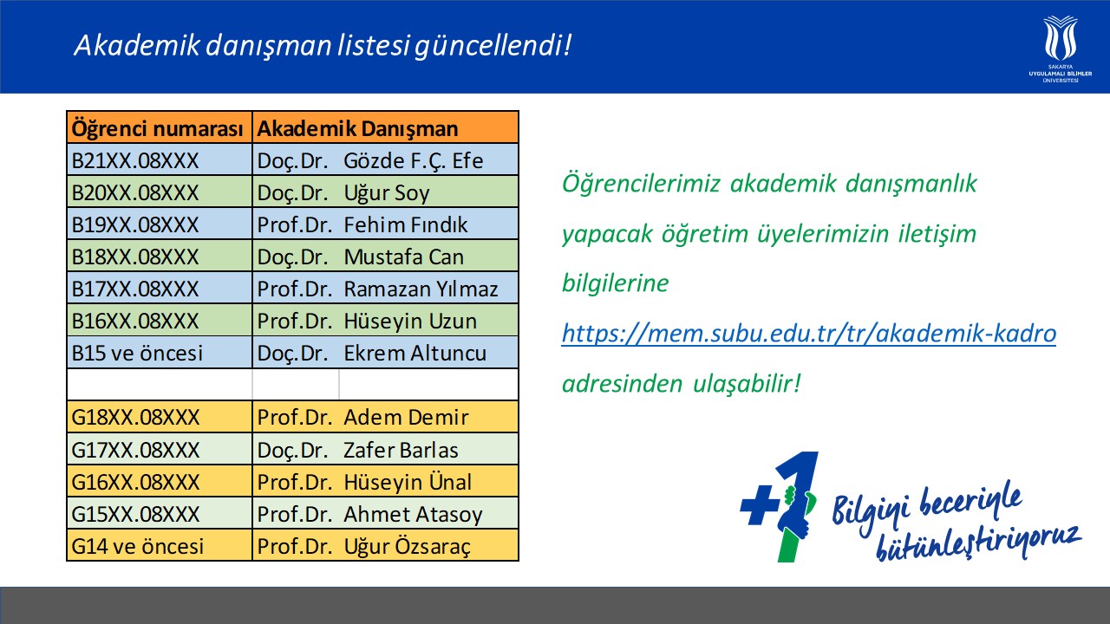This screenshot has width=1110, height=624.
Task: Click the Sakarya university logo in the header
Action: pos(1060,49)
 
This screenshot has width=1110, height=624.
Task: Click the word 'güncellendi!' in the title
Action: pos(493,46)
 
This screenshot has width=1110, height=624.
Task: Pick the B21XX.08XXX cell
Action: pos(160,160)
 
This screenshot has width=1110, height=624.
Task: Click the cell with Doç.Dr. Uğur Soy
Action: pos(386,192)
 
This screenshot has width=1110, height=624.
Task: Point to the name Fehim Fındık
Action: pos(405,224)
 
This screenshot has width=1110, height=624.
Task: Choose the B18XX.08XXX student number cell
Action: pos(160,257)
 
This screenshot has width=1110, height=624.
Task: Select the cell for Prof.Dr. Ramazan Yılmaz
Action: pos(386,289)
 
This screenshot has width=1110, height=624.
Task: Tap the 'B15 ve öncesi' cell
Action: pos(160,353)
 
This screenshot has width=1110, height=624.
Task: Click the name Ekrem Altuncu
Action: pos(415,353)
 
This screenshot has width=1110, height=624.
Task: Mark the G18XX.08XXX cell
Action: pos(160,417)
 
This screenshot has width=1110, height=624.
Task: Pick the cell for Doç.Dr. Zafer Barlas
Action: pos(386,449)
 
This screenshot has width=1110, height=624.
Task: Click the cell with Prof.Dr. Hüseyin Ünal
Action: pos(386,481)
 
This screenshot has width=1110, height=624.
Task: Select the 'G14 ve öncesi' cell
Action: pos(160,546)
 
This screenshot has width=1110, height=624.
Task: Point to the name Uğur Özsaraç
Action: pos(407,547)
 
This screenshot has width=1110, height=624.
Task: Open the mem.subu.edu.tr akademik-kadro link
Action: pos(809,334)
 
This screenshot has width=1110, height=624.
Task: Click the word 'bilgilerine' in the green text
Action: pos(616,283)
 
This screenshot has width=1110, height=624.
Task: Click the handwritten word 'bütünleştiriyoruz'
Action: pos(979,543)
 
